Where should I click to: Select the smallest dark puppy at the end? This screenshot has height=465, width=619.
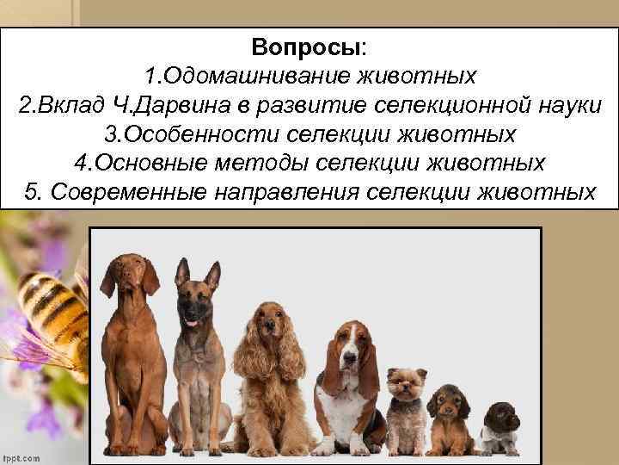tap(499, 429)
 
